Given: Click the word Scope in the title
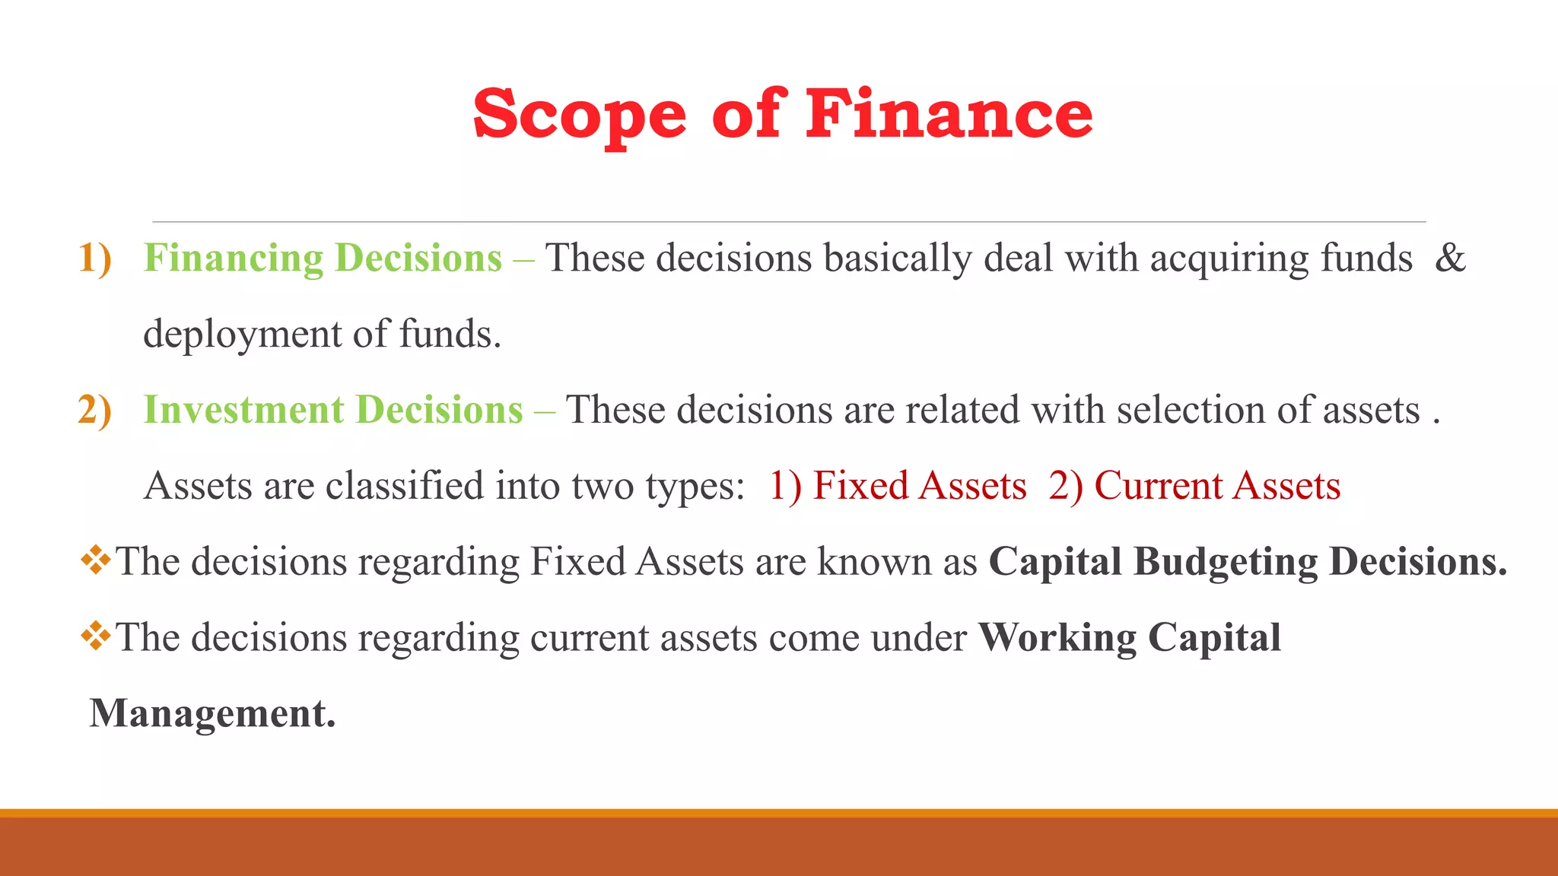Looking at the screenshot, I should click(x=580, y=115).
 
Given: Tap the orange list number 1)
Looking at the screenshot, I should click(x=95, y=258).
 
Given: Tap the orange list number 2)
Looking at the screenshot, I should click(x=95, y=410).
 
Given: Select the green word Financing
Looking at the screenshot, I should click(x=234, y=259).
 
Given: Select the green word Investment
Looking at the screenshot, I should click(x=243, y=410).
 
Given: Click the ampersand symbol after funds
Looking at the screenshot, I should click(x=1450, y=258).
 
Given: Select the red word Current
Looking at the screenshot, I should click(x=1157, y=486).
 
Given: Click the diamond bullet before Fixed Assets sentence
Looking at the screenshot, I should click(x=96, y=560).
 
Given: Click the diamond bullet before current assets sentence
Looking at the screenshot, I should click(x=96, y=636).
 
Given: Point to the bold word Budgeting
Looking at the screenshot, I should click(x=1225, y=563).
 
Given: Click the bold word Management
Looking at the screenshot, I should click(x=212, y=714).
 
